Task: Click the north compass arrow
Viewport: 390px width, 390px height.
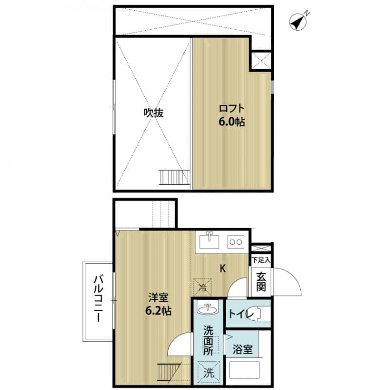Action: click(x=298, y=21)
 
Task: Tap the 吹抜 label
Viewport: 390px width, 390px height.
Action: click(x=153, y=113)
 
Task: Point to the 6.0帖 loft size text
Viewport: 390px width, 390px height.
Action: click(x=231, y=122)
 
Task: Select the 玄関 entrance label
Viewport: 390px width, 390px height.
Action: click(x=261, y=281)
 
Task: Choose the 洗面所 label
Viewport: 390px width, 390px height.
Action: click(x=209, y=340)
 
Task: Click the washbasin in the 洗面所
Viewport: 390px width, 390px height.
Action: click(x=209, y=309)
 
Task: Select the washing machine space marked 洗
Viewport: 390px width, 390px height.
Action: click(x=209, y=373)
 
